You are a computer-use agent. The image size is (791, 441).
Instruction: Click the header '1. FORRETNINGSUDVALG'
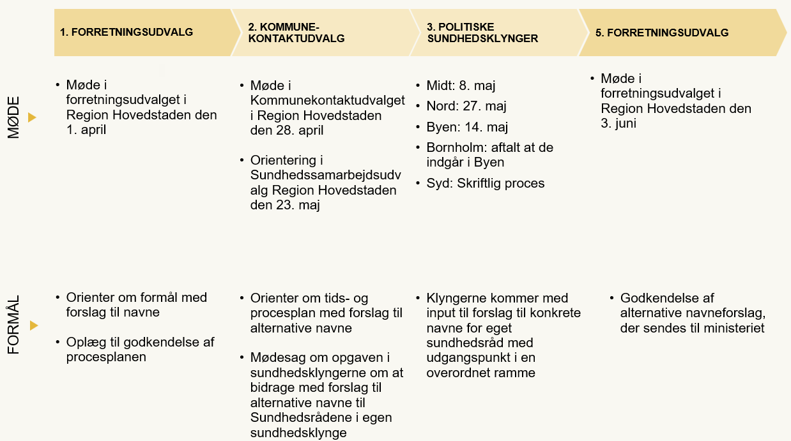click(x=126, y=33)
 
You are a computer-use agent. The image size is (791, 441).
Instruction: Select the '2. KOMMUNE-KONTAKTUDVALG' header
click(x=296, y=33)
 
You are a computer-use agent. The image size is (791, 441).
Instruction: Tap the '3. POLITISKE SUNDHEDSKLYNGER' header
click(x=482, y=33)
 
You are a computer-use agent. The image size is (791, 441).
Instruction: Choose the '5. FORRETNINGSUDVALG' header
click(x=662, y=33)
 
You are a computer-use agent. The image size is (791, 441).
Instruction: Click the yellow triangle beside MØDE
click(x=32, y=117)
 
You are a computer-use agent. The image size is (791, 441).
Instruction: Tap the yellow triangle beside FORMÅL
click(x=33, y=325)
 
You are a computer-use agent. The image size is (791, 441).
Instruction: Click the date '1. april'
click(x=86, y=130)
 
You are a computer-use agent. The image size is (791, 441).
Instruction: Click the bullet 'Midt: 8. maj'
click(x=461, y=86)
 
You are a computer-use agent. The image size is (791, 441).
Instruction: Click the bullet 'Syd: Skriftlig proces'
click(x=485, y=183)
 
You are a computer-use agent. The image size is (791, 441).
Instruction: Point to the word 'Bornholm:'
click(x=454, y=147)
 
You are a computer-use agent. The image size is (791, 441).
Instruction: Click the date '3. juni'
click(x=618, y=123)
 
